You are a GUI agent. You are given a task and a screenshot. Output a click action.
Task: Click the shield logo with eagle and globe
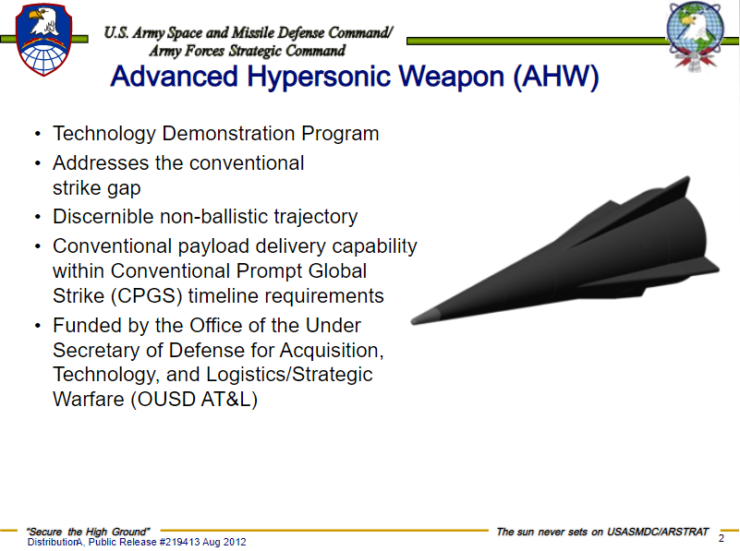(x=44, y=40)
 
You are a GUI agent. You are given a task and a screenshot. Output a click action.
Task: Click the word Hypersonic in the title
(x=319, y=77)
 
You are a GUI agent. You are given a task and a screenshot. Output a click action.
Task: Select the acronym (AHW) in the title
(x=556, y=77)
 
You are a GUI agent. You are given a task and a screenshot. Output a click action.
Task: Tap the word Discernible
(x=103, y=217)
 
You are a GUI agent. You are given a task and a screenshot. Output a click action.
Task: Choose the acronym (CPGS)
(x=146, y=296)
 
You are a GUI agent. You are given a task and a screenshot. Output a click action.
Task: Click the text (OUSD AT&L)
(x=194, y=400)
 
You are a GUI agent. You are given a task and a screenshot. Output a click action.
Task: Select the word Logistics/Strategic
(x=289, y=375)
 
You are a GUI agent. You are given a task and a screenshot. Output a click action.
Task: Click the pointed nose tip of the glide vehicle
(x=413, y=321)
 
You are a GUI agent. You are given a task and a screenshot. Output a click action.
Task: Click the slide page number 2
(x=722, y=538)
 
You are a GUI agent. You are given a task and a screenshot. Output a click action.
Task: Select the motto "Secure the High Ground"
(x=88, y=532)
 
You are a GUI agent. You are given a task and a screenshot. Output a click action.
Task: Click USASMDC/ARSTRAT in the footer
(x=658, y=532)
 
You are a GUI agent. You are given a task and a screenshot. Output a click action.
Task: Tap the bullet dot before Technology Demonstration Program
(x=38, y=134)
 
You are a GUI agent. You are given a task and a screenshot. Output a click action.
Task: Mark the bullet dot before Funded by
(x=38, y=326)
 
